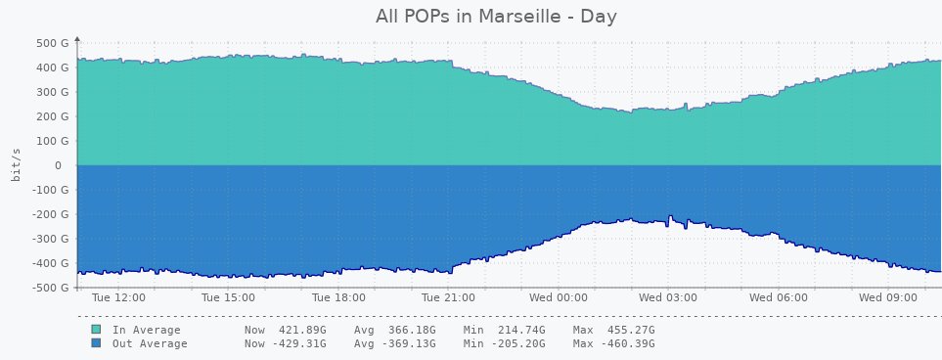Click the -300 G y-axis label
click(x=46, y=239)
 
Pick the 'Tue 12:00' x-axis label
click(x=118, y=296)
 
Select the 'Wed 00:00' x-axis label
click(x=559, y=296)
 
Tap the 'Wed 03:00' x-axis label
click(x=668, y=296)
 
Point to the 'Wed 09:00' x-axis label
click(x=889, y=296)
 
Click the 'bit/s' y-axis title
click(x=17, y=165)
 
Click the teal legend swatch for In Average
click(x=96, y=331)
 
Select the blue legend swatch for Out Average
click(x=96, y=344)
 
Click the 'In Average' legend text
click(x=150, y=331)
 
